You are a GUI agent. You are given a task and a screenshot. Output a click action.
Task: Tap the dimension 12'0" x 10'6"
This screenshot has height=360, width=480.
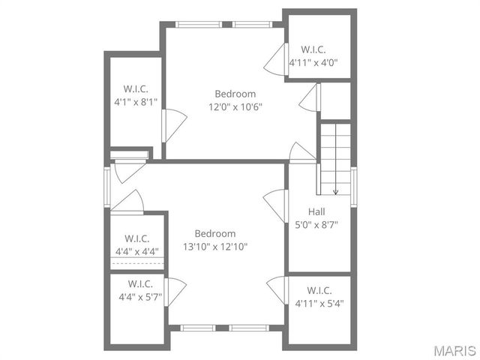pos(235,106)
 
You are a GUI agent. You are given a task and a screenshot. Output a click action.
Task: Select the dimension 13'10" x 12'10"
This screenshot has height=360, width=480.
pos(215,246)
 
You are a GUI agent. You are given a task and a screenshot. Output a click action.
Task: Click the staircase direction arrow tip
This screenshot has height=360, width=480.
pos(335,193)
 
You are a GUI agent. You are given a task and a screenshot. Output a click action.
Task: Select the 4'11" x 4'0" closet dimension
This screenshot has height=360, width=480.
pos(313,63)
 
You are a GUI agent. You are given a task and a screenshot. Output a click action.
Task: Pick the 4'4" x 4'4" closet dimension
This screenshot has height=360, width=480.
pos(136,251)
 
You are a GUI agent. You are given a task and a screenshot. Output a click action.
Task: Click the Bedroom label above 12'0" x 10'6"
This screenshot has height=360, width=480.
pos(235,94)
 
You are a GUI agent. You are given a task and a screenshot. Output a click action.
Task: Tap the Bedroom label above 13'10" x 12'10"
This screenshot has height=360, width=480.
pos(215,233)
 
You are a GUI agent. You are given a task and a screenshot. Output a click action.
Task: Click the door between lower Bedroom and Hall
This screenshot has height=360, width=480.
pos(275,204)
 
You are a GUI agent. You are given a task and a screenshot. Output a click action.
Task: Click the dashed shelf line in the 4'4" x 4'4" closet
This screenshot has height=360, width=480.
pos(136,263)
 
